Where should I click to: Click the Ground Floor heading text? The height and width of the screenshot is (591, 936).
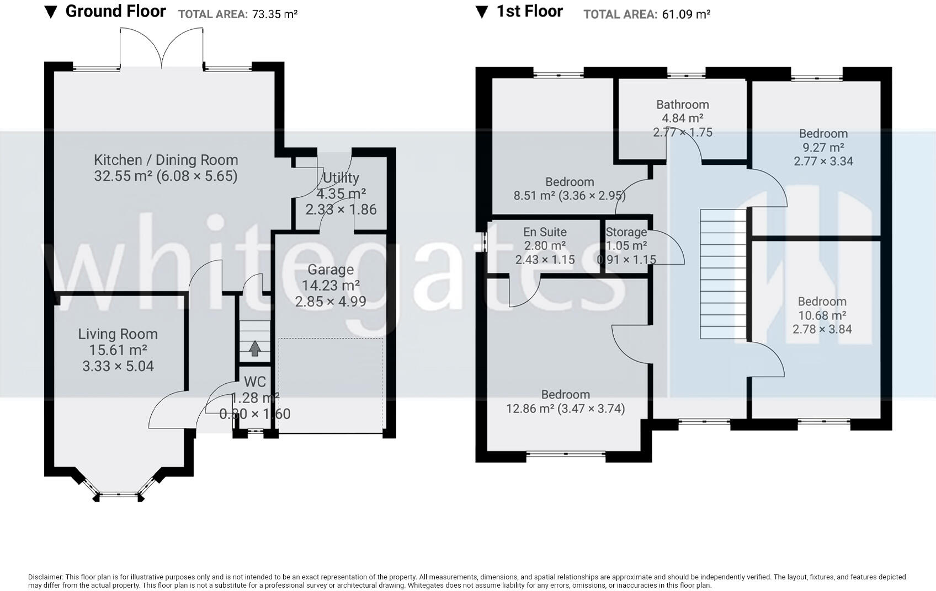pos(116,11)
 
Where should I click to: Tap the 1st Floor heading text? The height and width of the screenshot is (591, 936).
pos(529,11)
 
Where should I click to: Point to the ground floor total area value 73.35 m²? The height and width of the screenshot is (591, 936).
pos(274,14)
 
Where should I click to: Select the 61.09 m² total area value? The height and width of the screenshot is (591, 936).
pos(686,14)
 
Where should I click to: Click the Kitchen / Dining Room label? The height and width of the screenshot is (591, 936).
pos(166,160)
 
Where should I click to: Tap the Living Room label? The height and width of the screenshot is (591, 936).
pos(118,334)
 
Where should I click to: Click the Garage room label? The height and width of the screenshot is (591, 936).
pos(331,270)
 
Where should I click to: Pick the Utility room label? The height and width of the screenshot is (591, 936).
pos(341,178)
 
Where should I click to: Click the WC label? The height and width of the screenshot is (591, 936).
pos(255,382)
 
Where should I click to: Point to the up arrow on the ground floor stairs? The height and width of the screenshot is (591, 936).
pos(255,348)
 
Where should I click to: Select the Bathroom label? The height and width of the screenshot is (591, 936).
pos(682,104)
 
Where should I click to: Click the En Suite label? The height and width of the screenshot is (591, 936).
pos(545,232)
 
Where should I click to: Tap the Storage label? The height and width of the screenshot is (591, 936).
pos(626,232)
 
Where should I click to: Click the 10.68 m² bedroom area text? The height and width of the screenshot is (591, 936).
pos(822,315)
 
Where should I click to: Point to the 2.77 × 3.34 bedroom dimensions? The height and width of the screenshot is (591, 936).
pos(823,161)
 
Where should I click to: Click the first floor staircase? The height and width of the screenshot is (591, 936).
pos(724,274)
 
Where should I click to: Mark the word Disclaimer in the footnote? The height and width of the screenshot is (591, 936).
pos(46,577)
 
